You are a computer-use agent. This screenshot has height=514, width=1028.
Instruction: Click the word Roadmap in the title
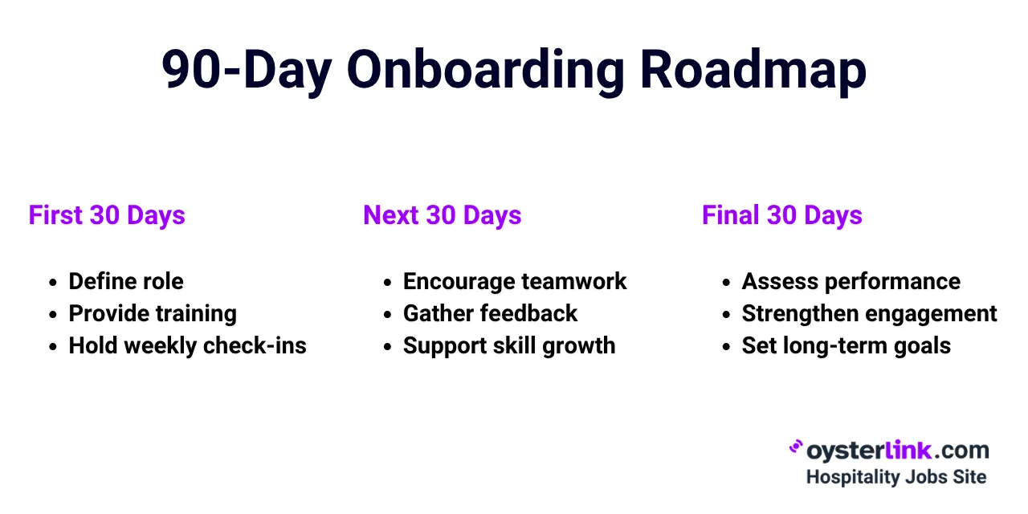click(x=753, y=71)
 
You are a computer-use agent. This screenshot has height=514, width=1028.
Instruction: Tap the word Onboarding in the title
click(x=485, y=71)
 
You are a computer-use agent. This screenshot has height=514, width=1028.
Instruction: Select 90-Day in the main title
click(x=247, y=71)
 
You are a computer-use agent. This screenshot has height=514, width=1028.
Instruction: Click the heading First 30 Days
click(x=107, y=215)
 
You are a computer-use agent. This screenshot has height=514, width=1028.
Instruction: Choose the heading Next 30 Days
click(x=442, y=215)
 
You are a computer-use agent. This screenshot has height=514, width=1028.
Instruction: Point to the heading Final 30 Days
click(x=781, y=215)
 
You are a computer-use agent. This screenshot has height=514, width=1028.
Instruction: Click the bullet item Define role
click(x=126, y=281)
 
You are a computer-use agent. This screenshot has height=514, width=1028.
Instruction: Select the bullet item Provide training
click(x=153, y=313)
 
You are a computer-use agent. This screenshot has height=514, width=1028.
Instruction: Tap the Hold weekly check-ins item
click(x=187, y=345)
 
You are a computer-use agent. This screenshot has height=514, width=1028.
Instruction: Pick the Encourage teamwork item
click(x=515, y=281)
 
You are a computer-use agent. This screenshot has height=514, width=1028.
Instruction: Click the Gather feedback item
click(x=490, y=313)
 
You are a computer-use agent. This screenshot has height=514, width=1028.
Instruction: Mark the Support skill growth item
click(x=509, y=345)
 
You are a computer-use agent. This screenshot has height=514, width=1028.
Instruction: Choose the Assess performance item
click(x=851, y=281)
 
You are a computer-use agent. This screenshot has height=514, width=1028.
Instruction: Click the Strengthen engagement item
click(x=869, y=313)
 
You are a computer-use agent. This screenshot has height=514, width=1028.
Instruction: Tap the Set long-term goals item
click(x=846, y=345)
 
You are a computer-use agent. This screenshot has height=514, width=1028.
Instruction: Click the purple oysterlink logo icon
click(x=796, y=447)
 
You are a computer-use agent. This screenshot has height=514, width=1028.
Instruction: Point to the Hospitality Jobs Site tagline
click(x=895, y=476)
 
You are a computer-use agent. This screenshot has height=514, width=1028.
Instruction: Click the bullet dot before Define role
click(x=52, y=283)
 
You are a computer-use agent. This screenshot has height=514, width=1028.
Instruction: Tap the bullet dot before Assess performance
click(x=726, y=283)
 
